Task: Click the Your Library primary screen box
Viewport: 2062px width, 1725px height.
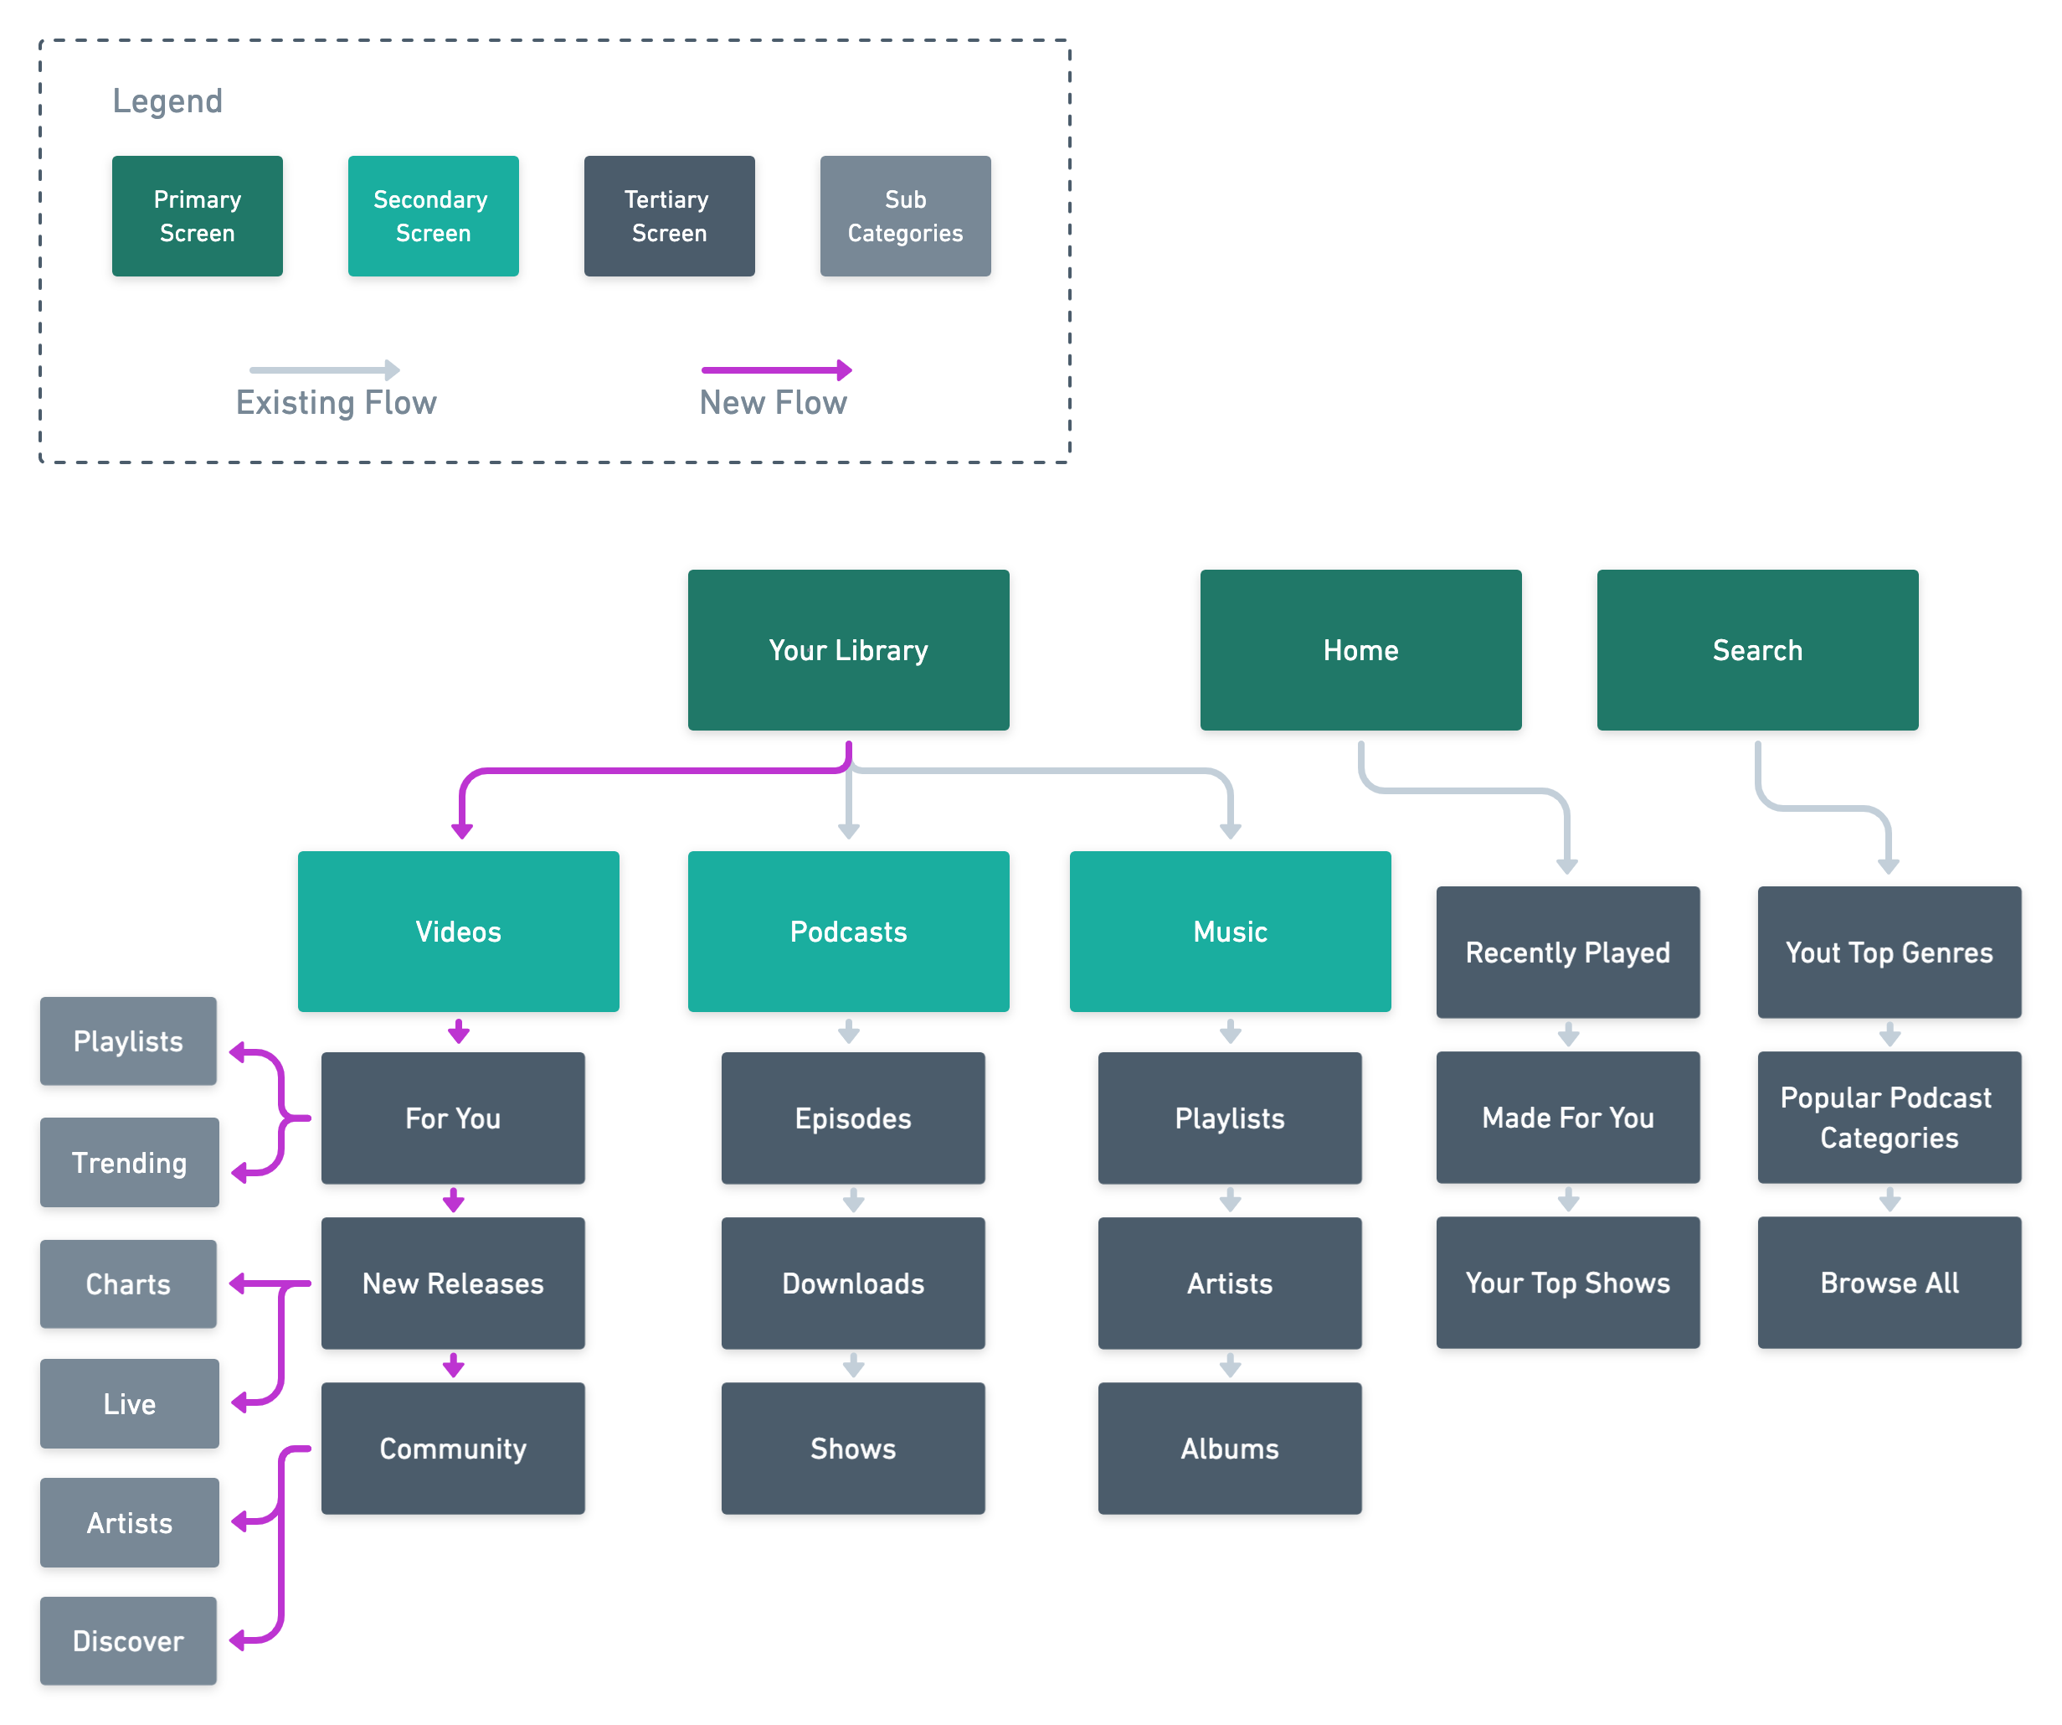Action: (848, 649)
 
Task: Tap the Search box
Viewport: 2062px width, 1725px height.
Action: (1756, 649)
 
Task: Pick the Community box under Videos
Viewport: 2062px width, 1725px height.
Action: (453, 1447)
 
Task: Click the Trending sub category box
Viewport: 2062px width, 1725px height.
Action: (129, 1161)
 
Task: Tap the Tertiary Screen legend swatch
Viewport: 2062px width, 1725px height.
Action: (669, 215)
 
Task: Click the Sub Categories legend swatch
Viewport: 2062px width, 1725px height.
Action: (904, 215)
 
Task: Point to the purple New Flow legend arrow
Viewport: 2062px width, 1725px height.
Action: (776, 369)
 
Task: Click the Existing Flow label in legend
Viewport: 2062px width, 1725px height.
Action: (336, 402)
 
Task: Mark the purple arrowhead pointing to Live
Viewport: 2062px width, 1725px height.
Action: (239, 1402)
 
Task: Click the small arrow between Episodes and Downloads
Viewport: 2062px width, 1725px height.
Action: (853, 1201)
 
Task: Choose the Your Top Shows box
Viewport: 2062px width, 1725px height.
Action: (1567, 1282)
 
